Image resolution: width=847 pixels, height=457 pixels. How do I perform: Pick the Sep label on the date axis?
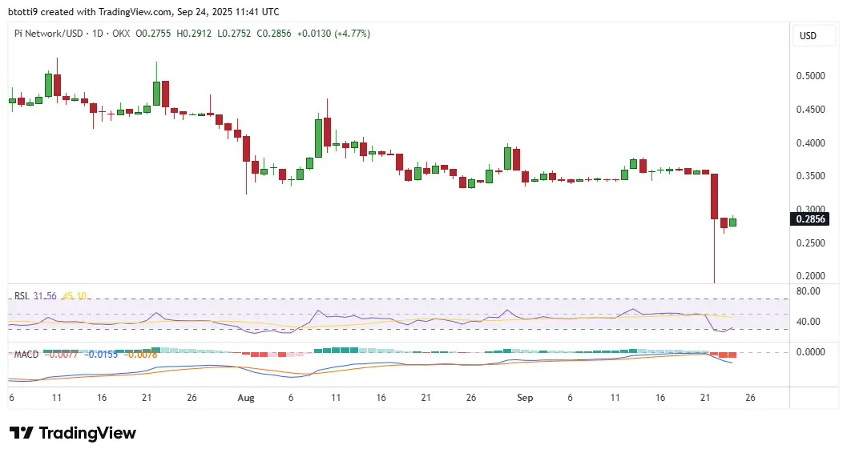(x=526, y=397)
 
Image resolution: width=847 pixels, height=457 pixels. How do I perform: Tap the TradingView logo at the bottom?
(x=73, y=433)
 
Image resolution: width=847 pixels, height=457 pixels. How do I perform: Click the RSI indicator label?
(x=22, y=296)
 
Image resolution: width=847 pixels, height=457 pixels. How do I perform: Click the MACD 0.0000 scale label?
(x=808, y=352)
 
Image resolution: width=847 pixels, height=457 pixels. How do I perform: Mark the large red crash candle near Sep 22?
(x=714, y=197)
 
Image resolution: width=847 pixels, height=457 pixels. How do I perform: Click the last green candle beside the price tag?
(x=732, y=222)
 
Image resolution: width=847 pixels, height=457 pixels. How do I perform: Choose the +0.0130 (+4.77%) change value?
(x=333, y=34)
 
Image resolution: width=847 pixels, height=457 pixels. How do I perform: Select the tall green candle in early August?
(x=318, y=138)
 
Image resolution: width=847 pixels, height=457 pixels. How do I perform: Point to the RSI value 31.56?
(x=46, y=296)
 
